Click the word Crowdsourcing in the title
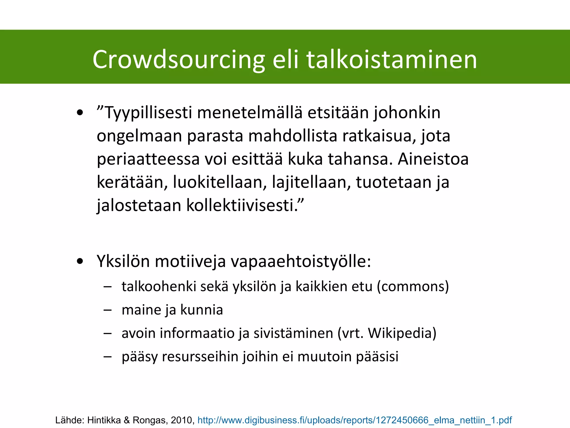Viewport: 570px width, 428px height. coord(178,60)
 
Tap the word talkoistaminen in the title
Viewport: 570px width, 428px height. coord(392,60)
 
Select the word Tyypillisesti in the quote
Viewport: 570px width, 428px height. coord(148,113)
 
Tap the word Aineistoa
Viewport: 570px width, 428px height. coord(433,159)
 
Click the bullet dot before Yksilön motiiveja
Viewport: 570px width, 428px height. coord(80,261)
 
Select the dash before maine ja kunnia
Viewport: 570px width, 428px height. coord(107,310)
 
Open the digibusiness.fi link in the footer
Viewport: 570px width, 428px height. coord(354,420)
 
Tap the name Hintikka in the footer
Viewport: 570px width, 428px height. coord(104,420)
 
